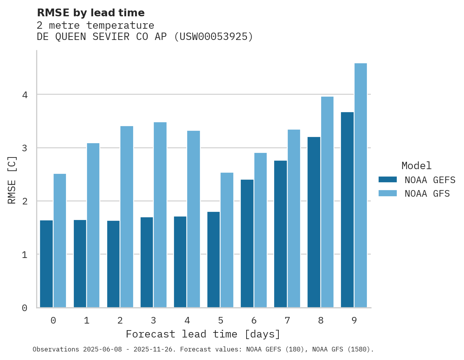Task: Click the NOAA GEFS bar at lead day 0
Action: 46,264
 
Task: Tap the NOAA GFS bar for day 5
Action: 227,240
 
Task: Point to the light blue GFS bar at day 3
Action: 160,215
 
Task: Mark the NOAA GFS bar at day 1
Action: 93,225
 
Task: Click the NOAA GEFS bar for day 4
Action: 180,262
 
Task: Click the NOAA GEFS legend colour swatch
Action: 388,180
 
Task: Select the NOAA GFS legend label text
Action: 427,194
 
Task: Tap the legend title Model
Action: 416,166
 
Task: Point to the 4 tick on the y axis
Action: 24,95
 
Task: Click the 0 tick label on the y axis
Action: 24,308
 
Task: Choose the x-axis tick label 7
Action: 287,320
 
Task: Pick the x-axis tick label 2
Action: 120,320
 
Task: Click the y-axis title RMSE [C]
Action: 12,180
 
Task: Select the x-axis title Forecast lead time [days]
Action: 203,334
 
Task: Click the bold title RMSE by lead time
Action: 90,13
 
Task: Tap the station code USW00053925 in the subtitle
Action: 213,37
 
